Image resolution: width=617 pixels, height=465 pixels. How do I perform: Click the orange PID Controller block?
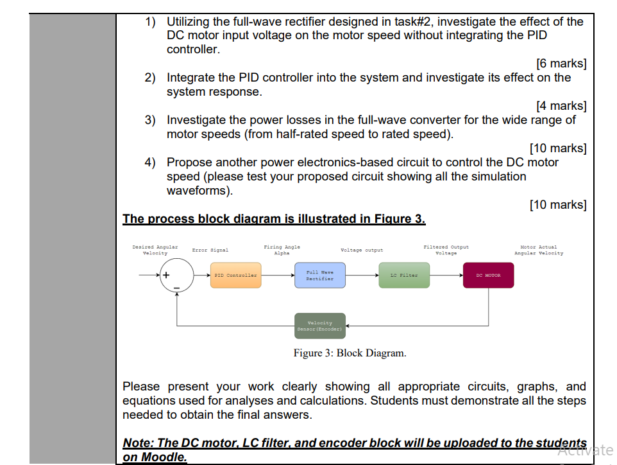[235, 275]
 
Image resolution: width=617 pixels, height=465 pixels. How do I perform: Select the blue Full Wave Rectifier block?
[319, 275]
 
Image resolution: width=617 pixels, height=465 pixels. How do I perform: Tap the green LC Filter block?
[404, 275]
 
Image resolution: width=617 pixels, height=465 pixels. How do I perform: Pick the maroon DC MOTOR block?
[488, 275]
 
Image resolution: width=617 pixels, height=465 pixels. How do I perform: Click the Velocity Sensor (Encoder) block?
[320, 326]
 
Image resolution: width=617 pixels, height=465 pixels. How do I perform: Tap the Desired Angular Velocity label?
[155, 250]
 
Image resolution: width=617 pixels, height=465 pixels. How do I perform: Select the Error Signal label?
[210, 250]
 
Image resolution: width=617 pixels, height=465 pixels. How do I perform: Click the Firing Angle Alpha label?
[282, 250]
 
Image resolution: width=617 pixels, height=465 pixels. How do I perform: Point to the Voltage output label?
[362, 250]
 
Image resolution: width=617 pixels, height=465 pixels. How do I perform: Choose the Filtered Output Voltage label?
[446, 250]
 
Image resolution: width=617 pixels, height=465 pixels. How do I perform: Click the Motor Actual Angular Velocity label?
[539, 250]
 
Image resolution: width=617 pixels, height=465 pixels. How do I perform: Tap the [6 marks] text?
[561, 64]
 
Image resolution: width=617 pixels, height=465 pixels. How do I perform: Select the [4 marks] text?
[561, 106]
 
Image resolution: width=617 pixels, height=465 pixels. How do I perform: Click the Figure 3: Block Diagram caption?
[350, 353]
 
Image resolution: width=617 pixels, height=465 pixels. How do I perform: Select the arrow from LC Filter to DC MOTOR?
[446, 276]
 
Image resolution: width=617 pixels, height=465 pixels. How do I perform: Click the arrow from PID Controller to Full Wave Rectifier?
[276, 276]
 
